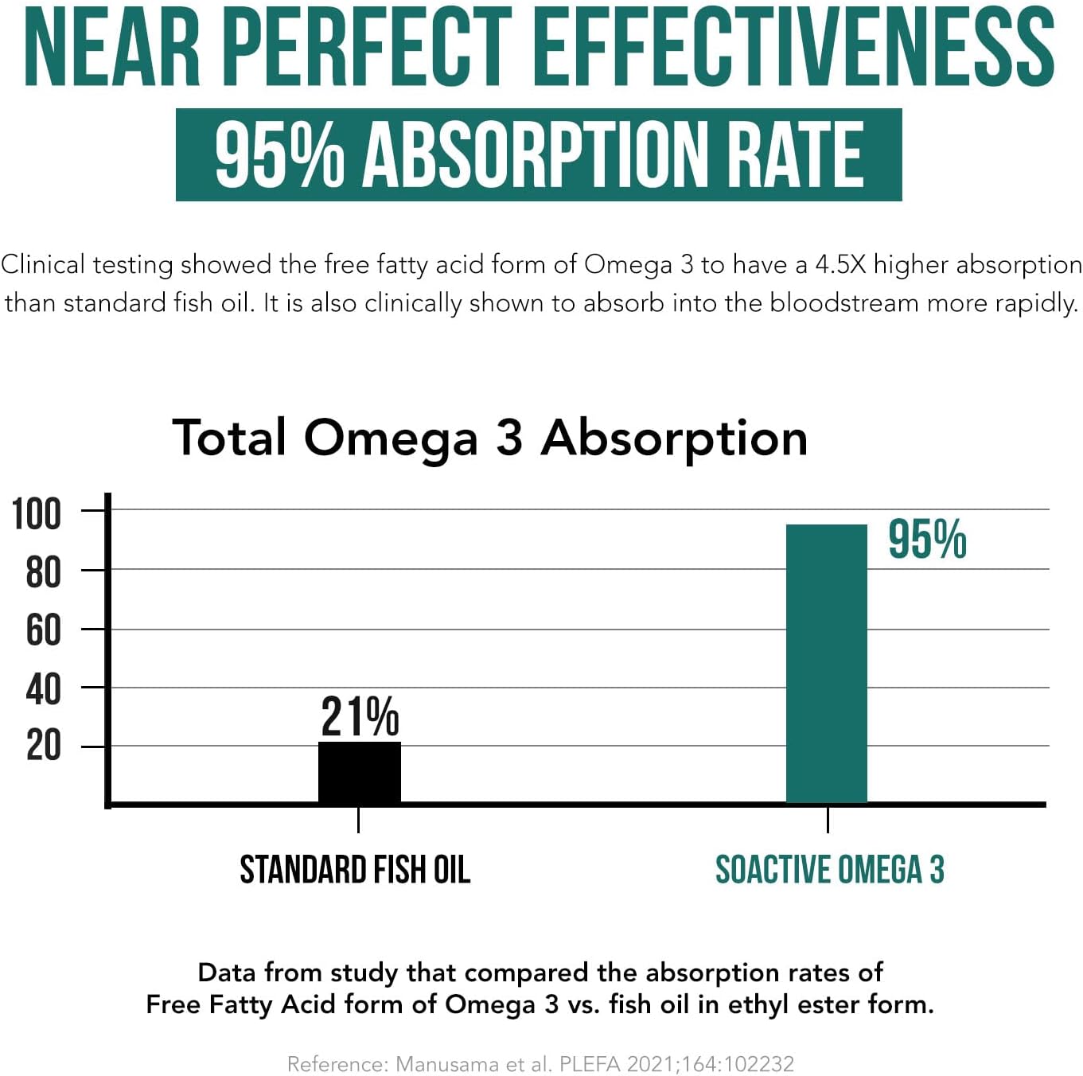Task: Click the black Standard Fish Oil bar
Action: click(x=360, y=772)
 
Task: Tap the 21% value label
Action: click(x=360, y=716)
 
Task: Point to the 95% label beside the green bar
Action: click(x=927, y=540)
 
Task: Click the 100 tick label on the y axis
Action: click(x=37, y=514)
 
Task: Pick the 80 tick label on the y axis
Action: click(x=43, y=573)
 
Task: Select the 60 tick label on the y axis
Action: click(x=43, y=631)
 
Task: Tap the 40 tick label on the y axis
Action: click(x=43, y=689)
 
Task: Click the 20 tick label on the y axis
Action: click(x=43, y=747)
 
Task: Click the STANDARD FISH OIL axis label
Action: click(x=355, y=870)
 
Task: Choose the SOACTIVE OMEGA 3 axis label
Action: click(x=829, y=870)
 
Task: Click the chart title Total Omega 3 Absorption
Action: click(x=489, y=438)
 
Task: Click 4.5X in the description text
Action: click(x=840, y=265)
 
